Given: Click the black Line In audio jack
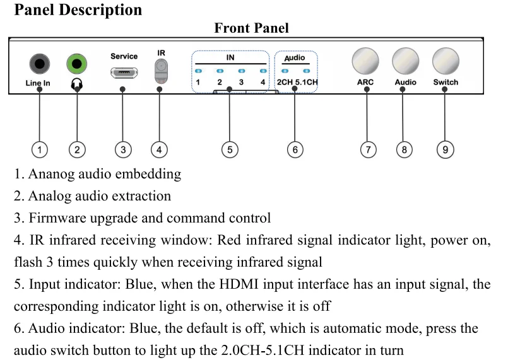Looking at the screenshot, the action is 40,64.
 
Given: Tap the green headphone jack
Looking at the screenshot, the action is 77,64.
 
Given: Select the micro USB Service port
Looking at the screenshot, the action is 124,73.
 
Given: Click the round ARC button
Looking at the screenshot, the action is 365,61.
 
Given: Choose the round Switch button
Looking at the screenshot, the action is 446,61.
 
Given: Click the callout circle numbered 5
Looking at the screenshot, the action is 230,149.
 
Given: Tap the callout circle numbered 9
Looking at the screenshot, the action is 445,149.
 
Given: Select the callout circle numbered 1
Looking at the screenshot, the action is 40,149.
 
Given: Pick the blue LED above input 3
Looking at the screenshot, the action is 242,71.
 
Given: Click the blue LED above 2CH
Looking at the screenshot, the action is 285,71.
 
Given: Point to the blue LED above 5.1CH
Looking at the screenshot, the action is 307,71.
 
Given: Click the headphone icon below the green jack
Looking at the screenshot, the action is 77,84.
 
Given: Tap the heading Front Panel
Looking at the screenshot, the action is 251,28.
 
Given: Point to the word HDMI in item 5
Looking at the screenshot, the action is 239,284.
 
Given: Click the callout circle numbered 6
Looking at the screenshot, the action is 295,149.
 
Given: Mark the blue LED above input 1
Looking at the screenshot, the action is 199,71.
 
